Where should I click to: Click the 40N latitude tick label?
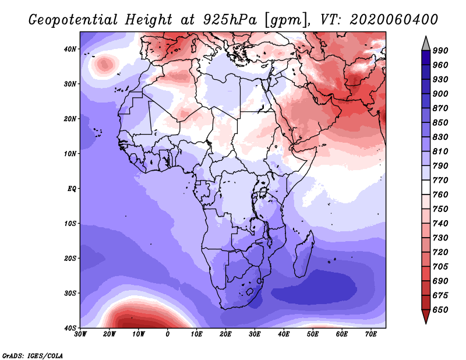[x=70, y=49]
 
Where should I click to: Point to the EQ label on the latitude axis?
[x=72, y=189]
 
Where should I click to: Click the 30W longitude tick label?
[x=80, y=334]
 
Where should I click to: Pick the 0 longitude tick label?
[x=168, y=334]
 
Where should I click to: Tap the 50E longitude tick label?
[x=313, y=334]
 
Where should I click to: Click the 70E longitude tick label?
[x=371, y=334]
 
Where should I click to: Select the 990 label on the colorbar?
[x=440, y=51]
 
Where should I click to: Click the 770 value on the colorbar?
[x=440, y=180]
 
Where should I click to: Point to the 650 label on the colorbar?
[x=440, y=310]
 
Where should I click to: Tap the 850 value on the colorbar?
[x=440, y=122]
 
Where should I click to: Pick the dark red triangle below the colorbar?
[x=426, y=316]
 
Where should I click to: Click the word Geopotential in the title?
[x=73, y=20]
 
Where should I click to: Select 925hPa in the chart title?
[x=230, y=20]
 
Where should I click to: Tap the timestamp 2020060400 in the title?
[x=394, y=20]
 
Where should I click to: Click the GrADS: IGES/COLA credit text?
[x=33, y=355]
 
